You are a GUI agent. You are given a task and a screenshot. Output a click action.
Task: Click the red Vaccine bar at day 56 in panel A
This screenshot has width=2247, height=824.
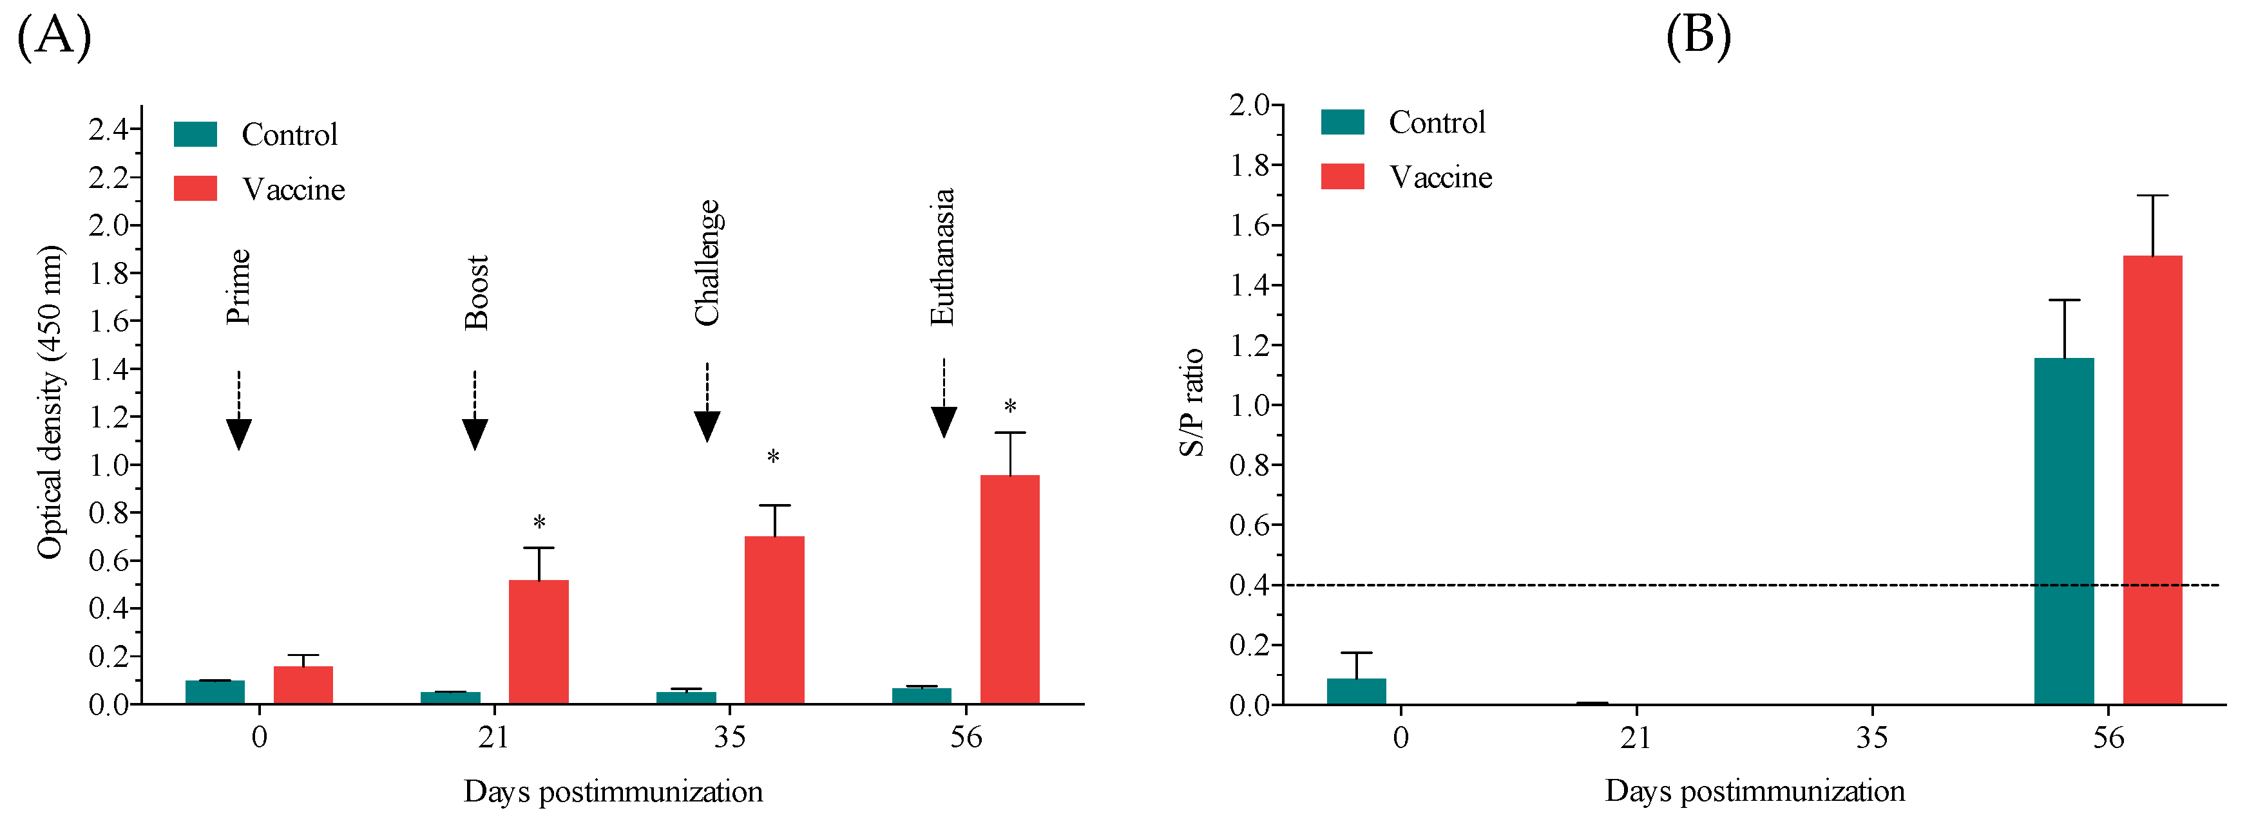click(1009, 590)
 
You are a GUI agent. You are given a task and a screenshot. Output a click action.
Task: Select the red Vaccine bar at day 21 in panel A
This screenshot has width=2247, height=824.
click(538, 642)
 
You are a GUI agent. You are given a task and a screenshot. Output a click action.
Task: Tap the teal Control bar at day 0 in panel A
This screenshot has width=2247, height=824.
click(215, 691)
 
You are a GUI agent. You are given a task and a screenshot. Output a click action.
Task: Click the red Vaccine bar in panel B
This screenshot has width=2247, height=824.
click(2152, 480)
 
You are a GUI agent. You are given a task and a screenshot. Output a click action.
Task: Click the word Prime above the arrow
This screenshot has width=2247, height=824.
click(238, 287)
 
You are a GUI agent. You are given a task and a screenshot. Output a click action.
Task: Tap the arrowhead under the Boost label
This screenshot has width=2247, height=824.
click(475, 433)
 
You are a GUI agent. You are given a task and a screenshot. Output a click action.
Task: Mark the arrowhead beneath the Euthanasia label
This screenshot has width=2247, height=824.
click(944, 422)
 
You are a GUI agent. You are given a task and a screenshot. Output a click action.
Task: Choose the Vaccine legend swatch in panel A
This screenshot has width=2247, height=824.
click(195, 189)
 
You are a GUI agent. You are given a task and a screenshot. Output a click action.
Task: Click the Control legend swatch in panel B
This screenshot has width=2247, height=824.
click(1343, 122)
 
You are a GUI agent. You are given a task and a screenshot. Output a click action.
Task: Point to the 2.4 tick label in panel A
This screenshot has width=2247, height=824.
click(109, 130)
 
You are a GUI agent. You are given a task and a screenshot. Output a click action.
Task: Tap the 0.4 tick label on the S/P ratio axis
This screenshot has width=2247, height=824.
click(1249, 585)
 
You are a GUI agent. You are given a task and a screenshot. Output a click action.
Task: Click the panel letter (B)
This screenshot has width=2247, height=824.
click(1697, 37)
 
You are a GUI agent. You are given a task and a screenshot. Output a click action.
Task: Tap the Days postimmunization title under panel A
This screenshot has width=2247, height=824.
click(613, 792)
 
